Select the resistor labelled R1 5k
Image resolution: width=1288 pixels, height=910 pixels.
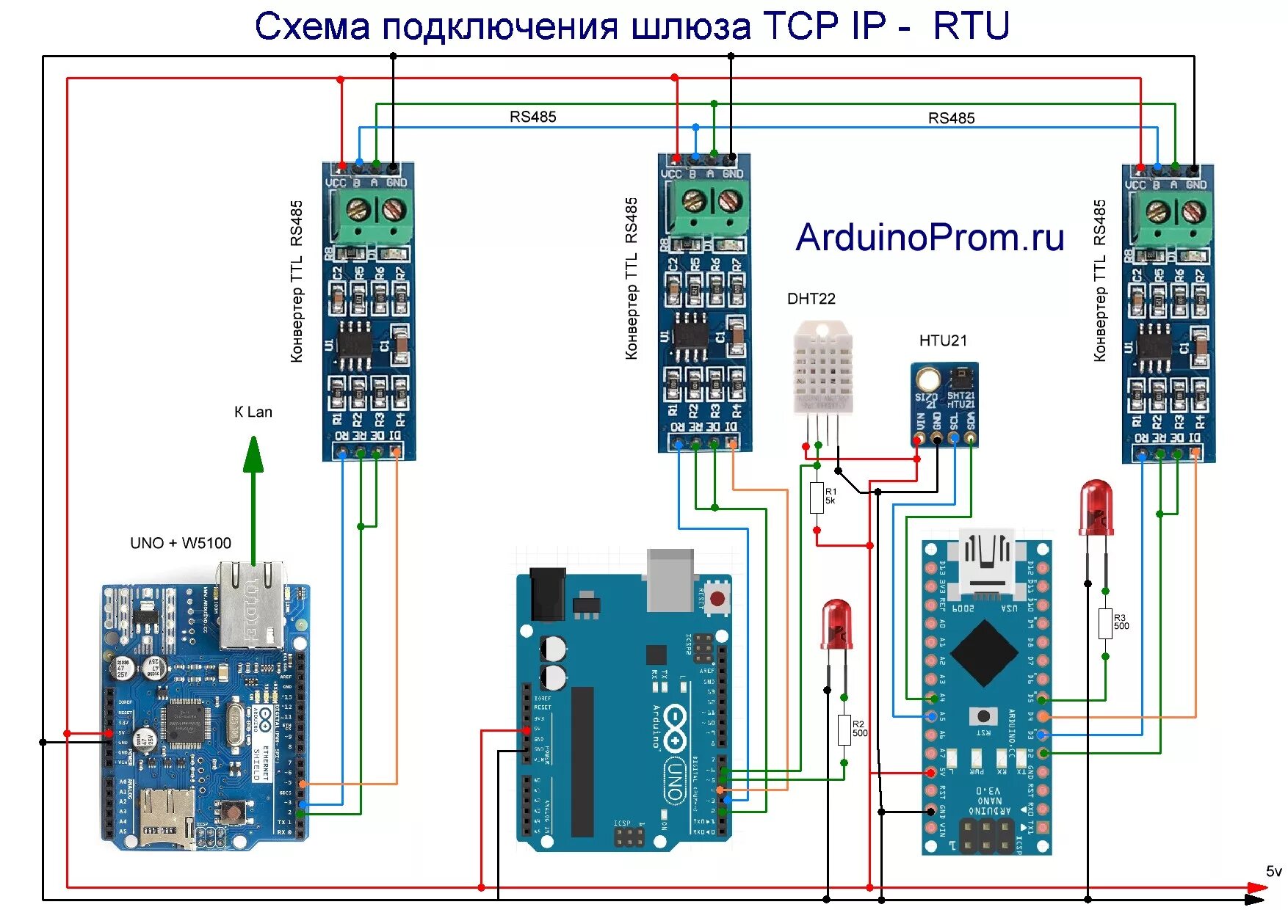click(x=817, y=498)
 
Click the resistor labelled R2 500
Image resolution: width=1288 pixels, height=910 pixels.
click(x=844, y=729)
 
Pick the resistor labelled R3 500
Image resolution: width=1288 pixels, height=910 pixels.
click(x=1105, y=623)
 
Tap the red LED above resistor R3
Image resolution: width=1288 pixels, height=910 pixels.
click(x=1096, y=506)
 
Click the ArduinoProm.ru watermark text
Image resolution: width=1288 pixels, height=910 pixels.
click(x=930, y=238)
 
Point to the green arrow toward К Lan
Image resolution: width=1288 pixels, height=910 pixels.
click(x=253, y=499)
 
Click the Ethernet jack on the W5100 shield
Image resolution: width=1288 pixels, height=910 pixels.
click(x=251, y=605)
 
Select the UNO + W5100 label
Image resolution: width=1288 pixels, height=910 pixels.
click(x=181, y=543)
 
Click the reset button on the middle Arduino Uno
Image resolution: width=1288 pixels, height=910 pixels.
click(x=717, y=599)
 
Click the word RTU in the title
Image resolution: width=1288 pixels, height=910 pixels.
click(x=971, y=26)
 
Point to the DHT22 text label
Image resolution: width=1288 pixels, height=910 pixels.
click(x=811, y=299)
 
